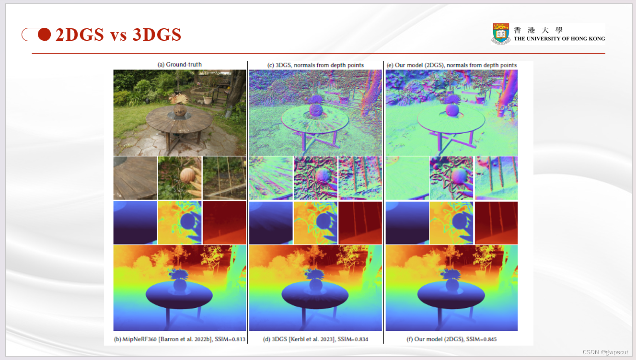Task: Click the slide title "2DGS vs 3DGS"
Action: [x=118, y=35]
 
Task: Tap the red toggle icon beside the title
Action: [x=36, y=35]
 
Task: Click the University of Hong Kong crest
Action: [x=501, y=34]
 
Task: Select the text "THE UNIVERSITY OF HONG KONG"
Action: [x=559, y=39]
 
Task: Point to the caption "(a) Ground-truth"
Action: [x=180, y=65]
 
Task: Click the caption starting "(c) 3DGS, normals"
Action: [x=315, y=65]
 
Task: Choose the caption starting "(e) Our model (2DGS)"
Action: [x=451, y=65]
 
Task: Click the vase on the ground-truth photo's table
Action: [x=180, y=109]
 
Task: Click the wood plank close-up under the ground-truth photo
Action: [x=135, y=178]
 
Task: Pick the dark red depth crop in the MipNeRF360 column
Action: [x=224, y=222]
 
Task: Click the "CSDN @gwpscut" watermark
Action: [x=605, y=352]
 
